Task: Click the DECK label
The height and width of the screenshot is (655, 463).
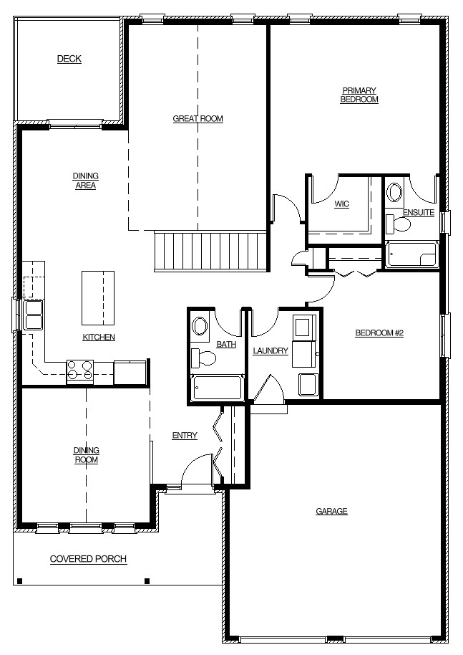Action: click(69, 59)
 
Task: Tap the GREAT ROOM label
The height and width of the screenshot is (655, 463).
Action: click(198, 119)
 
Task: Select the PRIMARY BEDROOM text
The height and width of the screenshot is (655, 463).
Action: click(359, 95)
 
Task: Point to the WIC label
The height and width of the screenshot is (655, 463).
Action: click(341, 204)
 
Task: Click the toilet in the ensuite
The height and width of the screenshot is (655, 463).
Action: click(398, 224)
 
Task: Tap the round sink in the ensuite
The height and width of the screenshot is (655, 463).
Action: click(394, 193)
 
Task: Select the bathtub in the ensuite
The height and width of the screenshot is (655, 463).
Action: click(411, 254)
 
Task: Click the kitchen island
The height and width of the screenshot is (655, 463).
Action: click(98, 298)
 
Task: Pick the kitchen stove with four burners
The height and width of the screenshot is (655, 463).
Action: click(79, 370)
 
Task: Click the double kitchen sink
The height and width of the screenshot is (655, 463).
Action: click(34, 315)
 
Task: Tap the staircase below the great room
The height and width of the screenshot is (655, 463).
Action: click(210, 252)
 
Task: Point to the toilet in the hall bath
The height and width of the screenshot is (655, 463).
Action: click(203, 358)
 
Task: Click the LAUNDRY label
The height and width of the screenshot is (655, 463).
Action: click(271, 351)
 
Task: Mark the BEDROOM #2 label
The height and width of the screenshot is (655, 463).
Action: click(379, 333)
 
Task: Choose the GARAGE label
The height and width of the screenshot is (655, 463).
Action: click(331, 511)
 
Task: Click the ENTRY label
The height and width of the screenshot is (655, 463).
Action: click(185, 436)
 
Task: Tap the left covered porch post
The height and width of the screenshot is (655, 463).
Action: click(19, 580)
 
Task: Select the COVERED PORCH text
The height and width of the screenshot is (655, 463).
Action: click(88, 559)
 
